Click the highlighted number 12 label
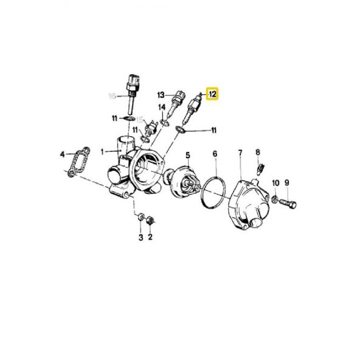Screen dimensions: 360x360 [x=213, y=94]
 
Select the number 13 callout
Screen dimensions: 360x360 [x=161, y=95]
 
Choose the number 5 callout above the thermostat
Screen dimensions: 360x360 [x=187, y=156]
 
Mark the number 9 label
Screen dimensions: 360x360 [x=287, y=182]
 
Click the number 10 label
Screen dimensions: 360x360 [x=275, y=182]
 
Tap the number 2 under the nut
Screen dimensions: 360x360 [x=150, y=237]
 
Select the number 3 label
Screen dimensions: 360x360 [x=140, y=237]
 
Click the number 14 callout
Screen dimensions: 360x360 [x=162, y=108]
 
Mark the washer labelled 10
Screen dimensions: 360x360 [x=275, y=198]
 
